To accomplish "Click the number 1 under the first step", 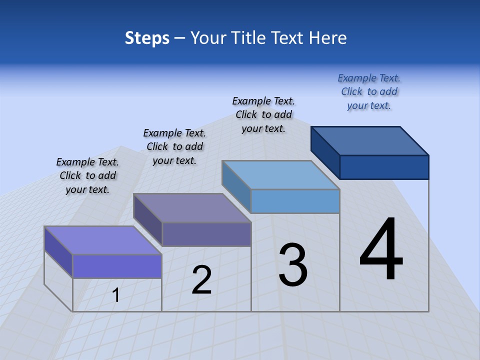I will click(x=116, y=295).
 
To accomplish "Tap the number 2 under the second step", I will click(x=201, y=280).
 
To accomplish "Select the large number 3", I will click(x=293, y=265).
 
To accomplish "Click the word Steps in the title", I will click(x=147, y=38).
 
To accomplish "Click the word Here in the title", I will click(x=328, y=38).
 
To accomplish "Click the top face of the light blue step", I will click(x=281, y=175).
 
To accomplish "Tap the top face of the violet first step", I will click(x=103, y=240).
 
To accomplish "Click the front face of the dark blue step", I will click(x=384, y=167).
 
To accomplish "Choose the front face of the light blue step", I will click(x=295, y=201).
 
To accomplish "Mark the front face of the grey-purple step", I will click(x=206, y=234).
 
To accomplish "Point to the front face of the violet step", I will click(x=117, y=266).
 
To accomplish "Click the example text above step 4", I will click(x=369, y=91).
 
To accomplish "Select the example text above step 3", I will click(x=263, y=114).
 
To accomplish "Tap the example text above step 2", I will click(x=174, y=146).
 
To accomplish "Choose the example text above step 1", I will click(x=87, y=175).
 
